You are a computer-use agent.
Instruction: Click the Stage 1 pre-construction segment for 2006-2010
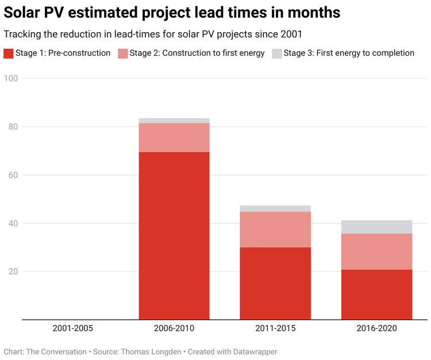point(174,235)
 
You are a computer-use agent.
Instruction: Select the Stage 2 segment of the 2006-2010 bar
point(174,138)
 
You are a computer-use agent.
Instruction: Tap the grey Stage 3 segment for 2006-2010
point(174,121)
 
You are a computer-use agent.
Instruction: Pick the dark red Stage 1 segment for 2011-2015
point(275,283)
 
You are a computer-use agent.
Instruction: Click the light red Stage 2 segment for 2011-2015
point(275,230)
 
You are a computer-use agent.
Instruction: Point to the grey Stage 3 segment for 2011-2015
point(275,208)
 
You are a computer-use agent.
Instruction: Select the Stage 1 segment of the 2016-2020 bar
point(376,294)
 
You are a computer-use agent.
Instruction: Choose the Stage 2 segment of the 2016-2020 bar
point(376,251)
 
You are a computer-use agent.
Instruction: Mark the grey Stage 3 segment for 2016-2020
point(376,227)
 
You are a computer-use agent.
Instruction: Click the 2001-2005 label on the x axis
point(72,329)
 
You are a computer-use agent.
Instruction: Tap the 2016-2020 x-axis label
point(376,329)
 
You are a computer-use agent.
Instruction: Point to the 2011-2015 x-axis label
point(275,329)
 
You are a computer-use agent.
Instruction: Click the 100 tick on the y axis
point(12,78)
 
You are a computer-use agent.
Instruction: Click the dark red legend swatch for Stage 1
point(9,53)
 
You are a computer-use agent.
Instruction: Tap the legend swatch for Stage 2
point(123,53)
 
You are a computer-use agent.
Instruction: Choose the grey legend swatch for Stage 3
point(276,53)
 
